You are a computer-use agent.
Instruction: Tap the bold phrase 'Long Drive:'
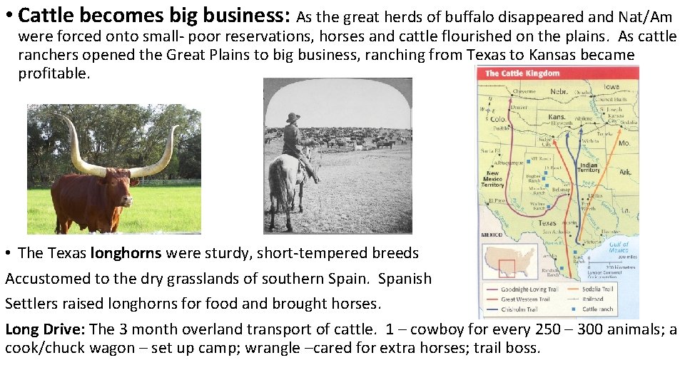click(45, 329)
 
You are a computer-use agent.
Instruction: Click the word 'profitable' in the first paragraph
click(54, 73)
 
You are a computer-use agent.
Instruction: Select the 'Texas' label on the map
click(547, 222)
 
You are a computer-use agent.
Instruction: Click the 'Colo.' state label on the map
click(497, 119)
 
